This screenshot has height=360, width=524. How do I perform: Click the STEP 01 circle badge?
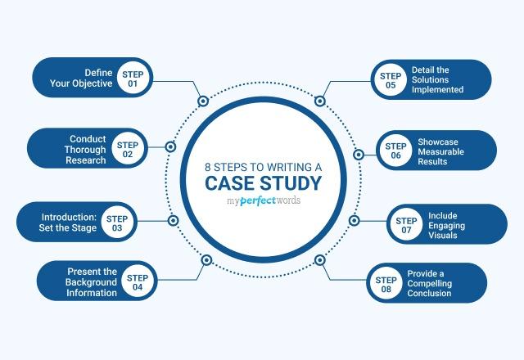pos(133,77)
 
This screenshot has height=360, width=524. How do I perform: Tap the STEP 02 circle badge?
pos(128,150)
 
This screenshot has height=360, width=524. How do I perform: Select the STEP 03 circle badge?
pos(117,223)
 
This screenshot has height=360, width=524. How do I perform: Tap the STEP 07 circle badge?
pos(406,223)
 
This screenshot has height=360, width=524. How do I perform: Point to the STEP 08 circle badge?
pos(386,283)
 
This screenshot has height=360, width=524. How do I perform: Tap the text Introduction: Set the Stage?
pos(69,223)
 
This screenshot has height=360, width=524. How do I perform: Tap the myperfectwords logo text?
pos(262,200)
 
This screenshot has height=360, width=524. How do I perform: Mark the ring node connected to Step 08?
pos(320,260)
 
